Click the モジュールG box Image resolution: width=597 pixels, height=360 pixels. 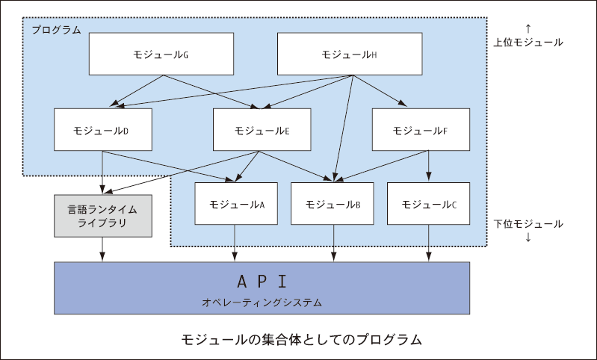[161, 54]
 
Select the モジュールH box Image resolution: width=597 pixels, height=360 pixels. [350, 54]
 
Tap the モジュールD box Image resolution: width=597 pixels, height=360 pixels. [103, 129]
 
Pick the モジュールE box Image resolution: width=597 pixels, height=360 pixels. [262, 129]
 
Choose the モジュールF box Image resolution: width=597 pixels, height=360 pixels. [421, 129]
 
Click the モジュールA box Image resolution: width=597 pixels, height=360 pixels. [236, 204]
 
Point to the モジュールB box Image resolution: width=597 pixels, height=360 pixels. [332, 204]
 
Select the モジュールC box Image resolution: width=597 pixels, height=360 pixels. [428, 204]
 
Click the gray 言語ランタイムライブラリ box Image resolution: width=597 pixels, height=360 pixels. [103, 216]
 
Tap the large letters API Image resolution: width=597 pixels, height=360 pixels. [262, 282]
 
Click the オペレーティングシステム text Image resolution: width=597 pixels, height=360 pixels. [262, 302]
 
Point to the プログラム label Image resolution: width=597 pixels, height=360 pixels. [56, 30]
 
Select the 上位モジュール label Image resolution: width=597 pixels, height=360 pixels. [528, 43]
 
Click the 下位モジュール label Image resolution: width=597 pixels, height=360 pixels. [528, 224]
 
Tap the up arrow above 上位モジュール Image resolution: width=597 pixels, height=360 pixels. [528, 28]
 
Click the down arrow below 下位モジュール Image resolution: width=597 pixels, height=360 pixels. [528, 238]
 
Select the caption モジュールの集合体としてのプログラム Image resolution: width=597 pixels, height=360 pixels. [301, 339]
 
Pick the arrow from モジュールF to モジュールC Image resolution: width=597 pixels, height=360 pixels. [428, 166]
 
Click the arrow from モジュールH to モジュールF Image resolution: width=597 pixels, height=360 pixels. [380, 90]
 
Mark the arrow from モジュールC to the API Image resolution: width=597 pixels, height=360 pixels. [428, 243]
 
